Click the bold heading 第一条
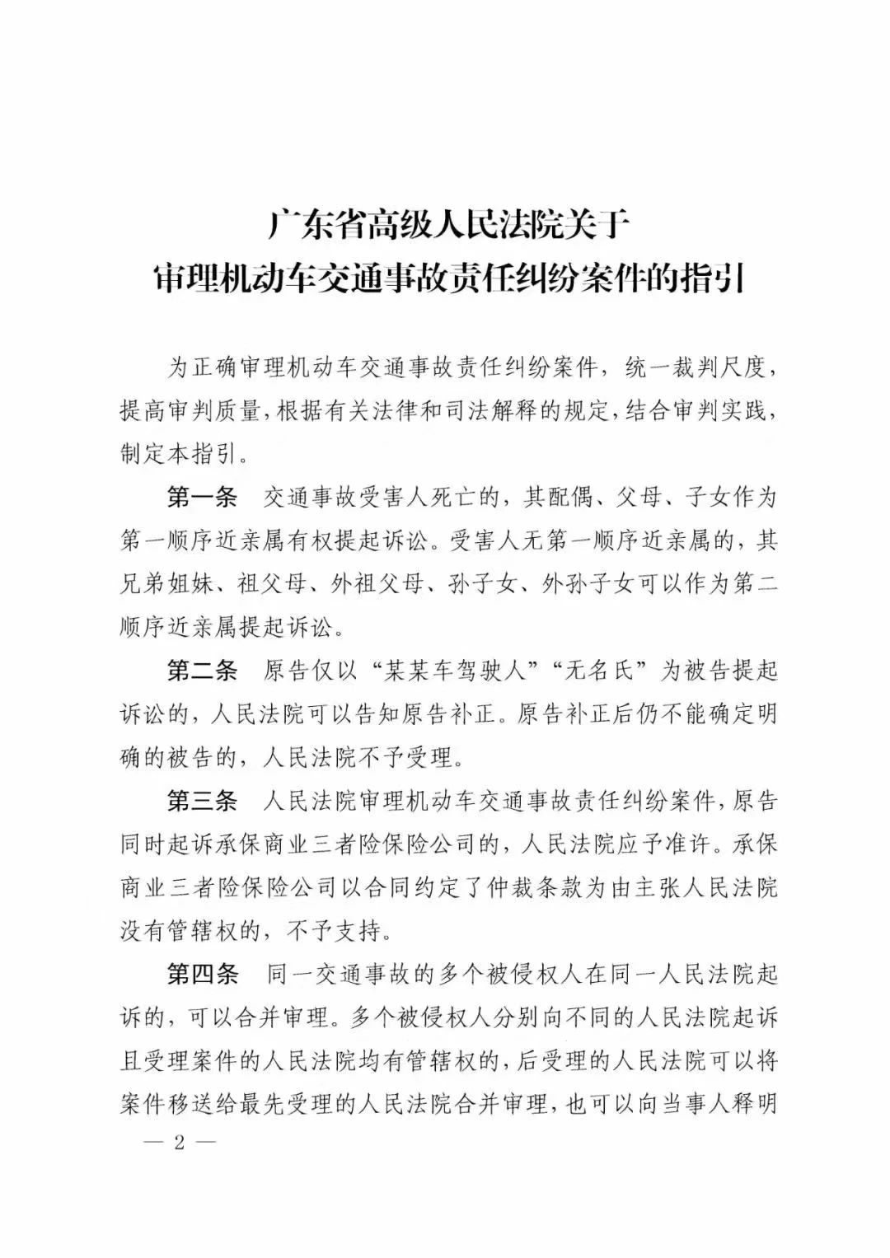point(202,498)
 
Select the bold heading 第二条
point(202,671)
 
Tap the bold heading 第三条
point(202,800)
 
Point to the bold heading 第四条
point(202,974)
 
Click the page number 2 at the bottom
point(178,1145)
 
